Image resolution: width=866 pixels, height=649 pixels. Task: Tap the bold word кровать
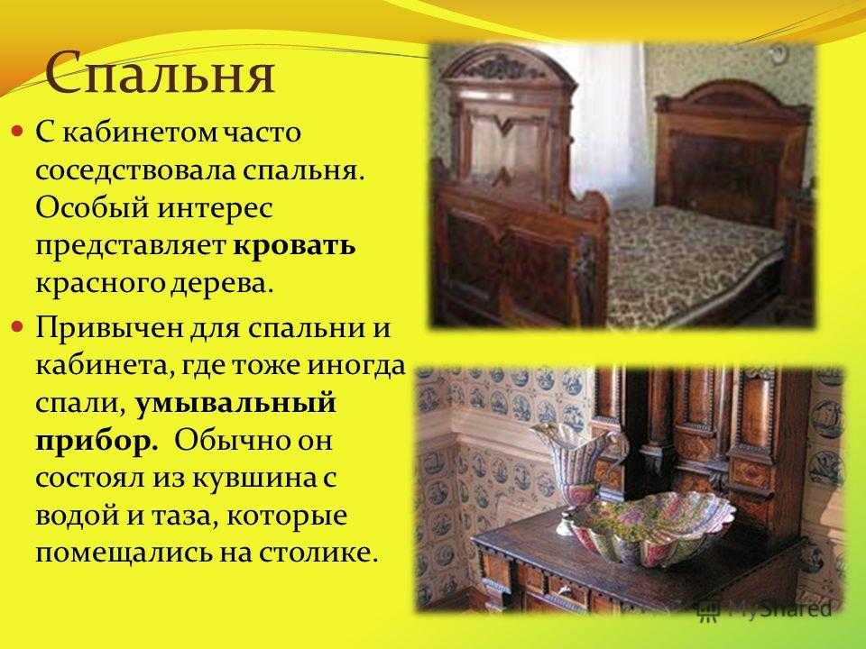[294, 245]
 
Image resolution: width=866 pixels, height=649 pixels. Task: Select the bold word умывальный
[235, 403]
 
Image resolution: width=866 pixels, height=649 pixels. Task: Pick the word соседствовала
[134, 170]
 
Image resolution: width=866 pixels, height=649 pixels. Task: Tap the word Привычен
[110, 329]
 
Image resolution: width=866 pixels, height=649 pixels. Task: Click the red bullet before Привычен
[19, 327]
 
